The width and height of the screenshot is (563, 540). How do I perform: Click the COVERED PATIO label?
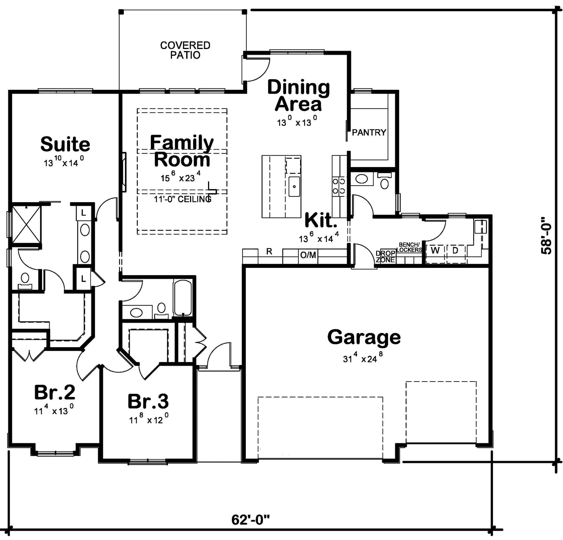click(x=185, y=50)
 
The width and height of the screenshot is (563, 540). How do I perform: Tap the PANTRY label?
click(x=369, y=132)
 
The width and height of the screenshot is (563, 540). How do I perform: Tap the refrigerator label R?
click(x=269, y=252)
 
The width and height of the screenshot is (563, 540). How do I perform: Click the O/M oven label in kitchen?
click(x=308, y=255)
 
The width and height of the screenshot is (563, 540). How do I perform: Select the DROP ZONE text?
click(x=385, y=257)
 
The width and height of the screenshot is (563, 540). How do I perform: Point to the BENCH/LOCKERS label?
click(x=409, y=247)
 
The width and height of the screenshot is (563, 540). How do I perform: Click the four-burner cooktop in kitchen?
click(x=339, y=186)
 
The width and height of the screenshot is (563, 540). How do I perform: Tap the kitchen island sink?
click(x=294, y=186)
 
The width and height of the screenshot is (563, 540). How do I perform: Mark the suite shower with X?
click(x=26, y=225)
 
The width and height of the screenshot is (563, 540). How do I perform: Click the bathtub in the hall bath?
click(x=182, y=298)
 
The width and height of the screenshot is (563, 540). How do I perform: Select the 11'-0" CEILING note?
click(x=183, y=199)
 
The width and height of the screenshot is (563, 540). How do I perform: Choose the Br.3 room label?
click(x=148, y=401)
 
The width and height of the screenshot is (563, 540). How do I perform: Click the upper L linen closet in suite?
click(x=83, y=213)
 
